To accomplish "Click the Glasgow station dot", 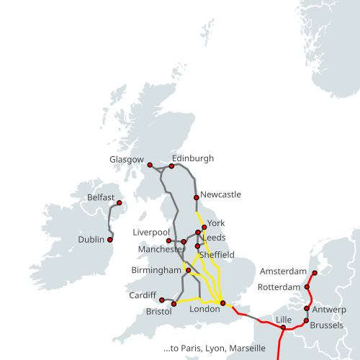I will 150,165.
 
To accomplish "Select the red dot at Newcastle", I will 196,197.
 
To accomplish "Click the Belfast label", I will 100,197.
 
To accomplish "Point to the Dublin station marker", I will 110,239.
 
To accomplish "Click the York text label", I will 216,223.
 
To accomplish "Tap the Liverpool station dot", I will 168,240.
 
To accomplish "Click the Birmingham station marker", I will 189,271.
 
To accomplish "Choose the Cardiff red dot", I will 161,300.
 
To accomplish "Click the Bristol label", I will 158,312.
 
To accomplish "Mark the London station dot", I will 223,303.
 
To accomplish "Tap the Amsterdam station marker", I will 314,273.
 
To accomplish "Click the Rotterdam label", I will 278,287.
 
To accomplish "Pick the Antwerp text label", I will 330,310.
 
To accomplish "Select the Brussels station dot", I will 307,320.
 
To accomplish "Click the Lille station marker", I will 284,328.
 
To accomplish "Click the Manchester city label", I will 161,249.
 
